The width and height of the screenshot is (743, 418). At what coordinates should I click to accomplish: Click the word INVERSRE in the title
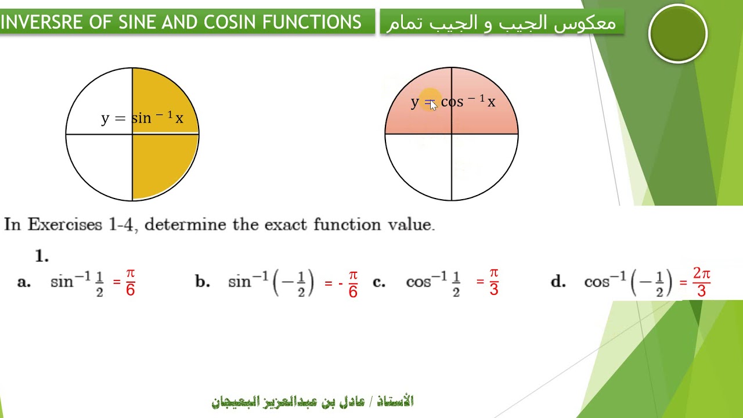click(42, 22)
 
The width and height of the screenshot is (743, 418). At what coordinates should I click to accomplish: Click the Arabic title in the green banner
click(502, 23)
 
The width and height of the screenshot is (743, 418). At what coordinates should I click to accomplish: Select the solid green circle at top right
click(677, 34)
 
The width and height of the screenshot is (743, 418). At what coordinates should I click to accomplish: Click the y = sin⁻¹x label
click(142, 118)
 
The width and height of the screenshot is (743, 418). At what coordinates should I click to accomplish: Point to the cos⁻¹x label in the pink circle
click(468, 102)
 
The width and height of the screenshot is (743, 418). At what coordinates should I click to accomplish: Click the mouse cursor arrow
click(434, 106)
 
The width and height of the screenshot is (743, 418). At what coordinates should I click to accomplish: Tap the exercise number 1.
click(41, 256)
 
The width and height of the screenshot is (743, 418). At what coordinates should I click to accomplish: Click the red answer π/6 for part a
click(130, 283)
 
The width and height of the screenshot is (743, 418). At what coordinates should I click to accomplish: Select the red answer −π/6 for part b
click(348, 283)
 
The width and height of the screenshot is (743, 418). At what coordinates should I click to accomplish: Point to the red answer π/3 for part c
click(493, 282)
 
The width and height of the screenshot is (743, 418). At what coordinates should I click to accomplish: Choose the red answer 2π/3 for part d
click(701, 282)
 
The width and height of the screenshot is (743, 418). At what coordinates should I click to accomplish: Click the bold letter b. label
click(202, 282)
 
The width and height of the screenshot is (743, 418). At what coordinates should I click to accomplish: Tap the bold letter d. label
click(558, 282)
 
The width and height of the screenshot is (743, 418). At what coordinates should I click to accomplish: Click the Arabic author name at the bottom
click(312, 401)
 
